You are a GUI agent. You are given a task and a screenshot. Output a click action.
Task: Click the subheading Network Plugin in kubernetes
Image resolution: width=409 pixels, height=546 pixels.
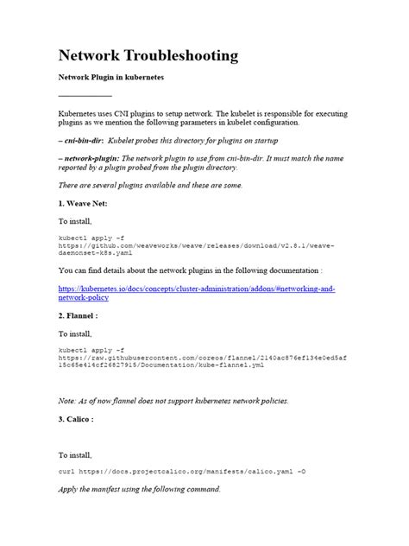111,78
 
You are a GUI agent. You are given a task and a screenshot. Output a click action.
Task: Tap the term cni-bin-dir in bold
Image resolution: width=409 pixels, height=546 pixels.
83,138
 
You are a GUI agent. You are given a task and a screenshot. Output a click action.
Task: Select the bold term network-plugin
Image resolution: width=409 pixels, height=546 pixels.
90,159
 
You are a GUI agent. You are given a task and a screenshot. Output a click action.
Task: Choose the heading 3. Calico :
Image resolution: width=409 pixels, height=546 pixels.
82,419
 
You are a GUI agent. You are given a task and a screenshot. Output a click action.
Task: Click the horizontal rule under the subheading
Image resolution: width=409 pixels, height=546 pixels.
85,95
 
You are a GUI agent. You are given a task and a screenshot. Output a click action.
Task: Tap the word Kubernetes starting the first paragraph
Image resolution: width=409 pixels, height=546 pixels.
79,113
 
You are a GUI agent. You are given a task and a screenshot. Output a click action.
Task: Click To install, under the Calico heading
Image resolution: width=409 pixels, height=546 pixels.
76,454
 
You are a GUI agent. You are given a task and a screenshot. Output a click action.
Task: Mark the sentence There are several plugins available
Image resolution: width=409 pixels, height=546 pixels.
151,185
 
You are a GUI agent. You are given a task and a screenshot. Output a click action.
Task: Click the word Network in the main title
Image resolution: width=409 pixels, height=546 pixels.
88,56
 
